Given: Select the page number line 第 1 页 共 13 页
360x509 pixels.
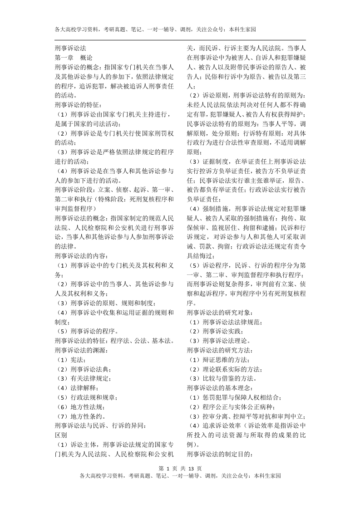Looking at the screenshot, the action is [180, 468].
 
